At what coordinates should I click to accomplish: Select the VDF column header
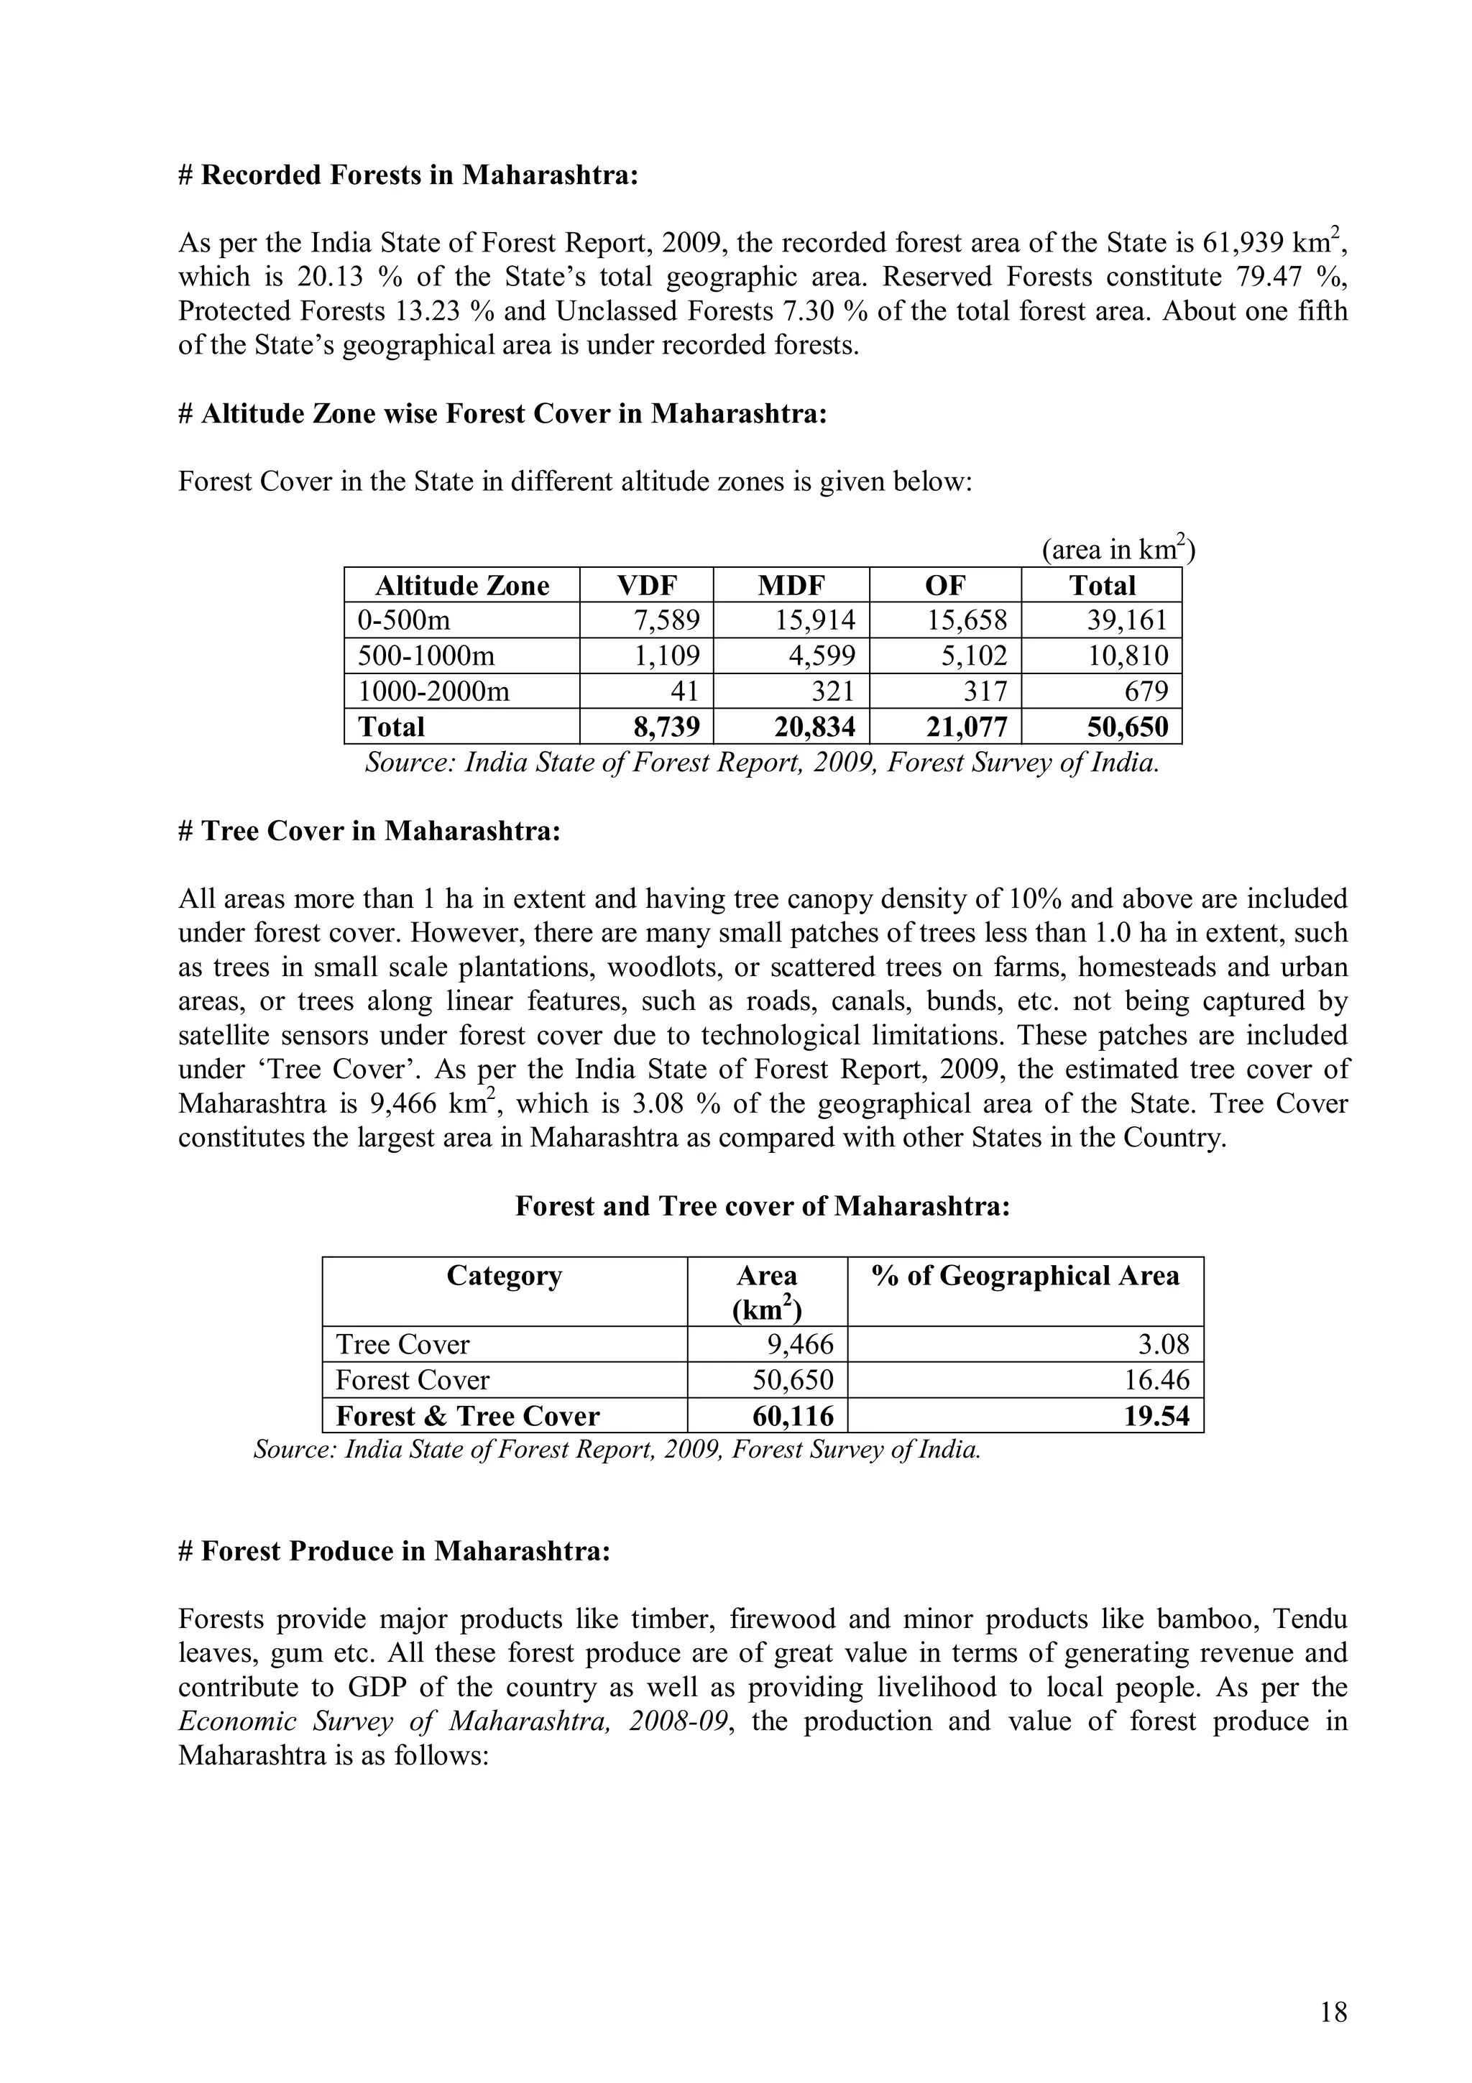[x=645, y=585]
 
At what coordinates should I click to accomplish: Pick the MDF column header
[x=791, y=585]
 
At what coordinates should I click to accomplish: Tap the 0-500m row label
[x=404, y=620]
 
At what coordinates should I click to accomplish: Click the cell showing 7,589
[x=666, y=620]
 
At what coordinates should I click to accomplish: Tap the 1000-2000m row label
[x=433, y=691]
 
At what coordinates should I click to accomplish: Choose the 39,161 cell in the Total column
[x=1127, y=620]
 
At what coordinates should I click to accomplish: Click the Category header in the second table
[x=505, y=1277]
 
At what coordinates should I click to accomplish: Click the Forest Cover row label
[x=412, y=1380]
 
